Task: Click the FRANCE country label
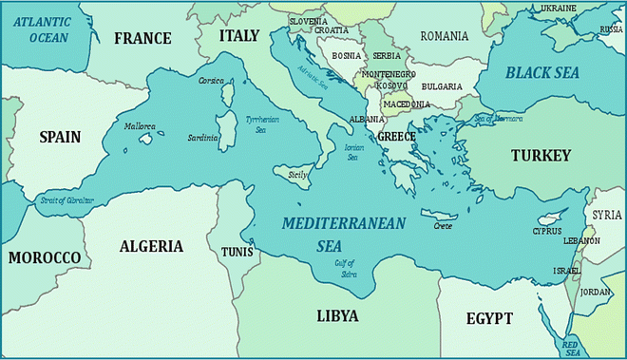(142, 39)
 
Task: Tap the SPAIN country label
(59, 137)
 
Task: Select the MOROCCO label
(44, 257)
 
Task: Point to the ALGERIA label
(151, 246)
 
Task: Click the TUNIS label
(237, 252)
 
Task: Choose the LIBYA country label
(336, 315)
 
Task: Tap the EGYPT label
(489, 318)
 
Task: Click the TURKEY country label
(540, 155)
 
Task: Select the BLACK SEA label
(541, 72)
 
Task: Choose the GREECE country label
(397, 137)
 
